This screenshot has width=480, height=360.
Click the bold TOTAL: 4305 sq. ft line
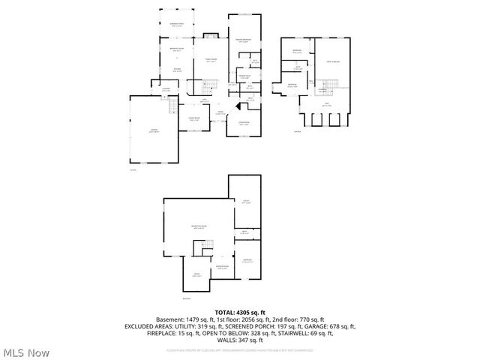tap(239, 312)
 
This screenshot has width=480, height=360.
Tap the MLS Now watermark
tap(26, 352)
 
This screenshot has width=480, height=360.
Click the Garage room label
tap(153, 130)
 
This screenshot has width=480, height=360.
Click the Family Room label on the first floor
tap(211, 61)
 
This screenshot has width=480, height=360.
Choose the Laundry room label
tap(166, 90)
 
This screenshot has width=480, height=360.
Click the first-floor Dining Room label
tap(193, 119)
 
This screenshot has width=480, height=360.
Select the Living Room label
tap(244, 124)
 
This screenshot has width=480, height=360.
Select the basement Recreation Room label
tap(199, 226)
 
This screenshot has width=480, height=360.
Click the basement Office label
tap(196, 275)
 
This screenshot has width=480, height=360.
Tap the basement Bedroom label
tap(247, 260)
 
